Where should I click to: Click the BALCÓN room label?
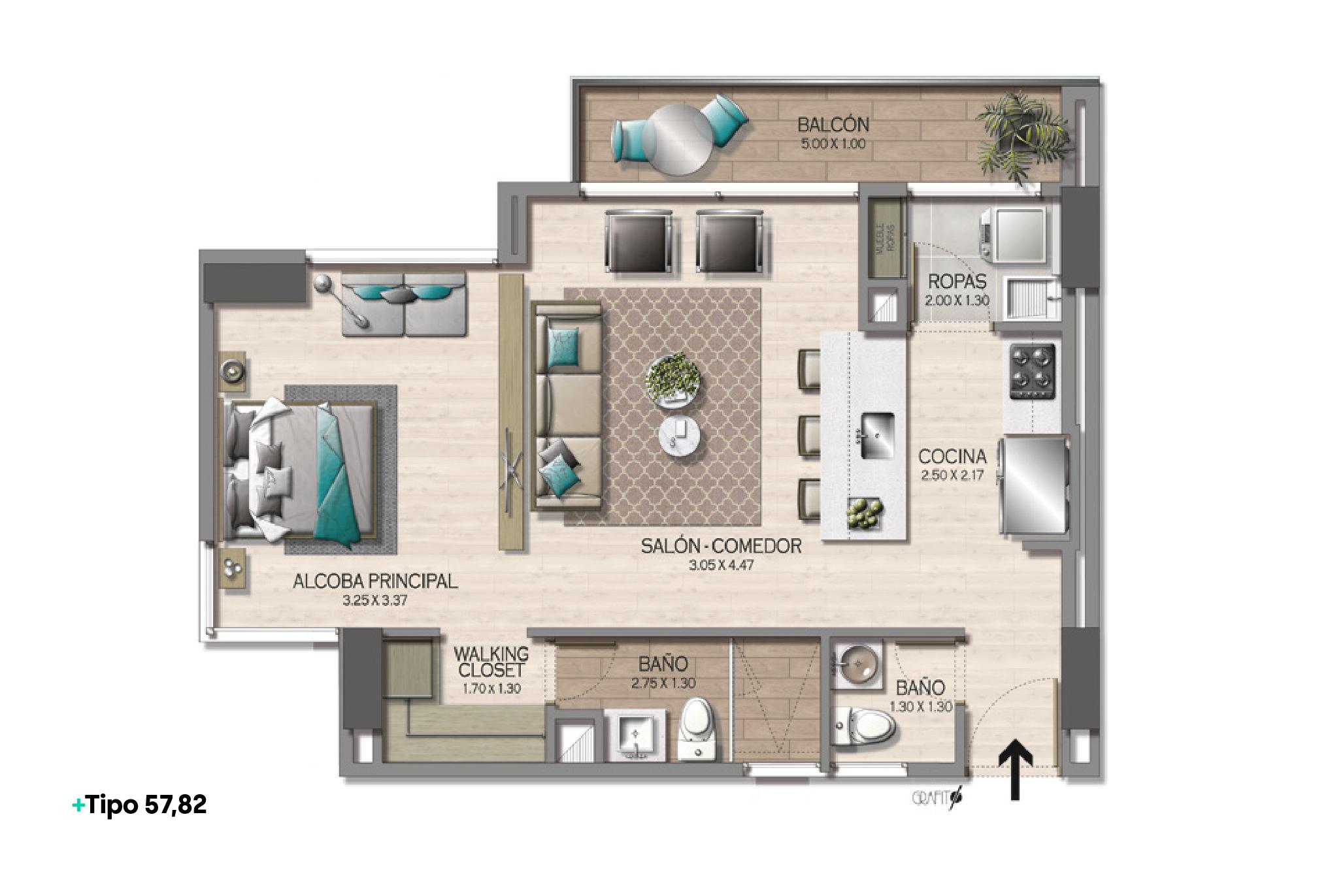click(x=833, y=125)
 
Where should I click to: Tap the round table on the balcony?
click(x=676, y=140)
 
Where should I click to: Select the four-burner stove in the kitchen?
click(x=1033, y=371)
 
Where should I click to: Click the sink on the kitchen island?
click(x=877, y=436)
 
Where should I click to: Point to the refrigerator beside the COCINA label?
click(x=1034, y=486)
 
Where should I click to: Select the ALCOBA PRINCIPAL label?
click(x=374, y=581)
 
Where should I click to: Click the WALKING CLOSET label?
click(x=491, y=662)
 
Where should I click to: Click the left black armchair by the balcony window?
click(x=639, y=240)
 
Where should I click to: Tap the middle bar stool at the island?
click(x=810, y=434)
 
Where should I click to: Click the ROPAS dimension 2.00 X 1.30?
click(x=956, y=301)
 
